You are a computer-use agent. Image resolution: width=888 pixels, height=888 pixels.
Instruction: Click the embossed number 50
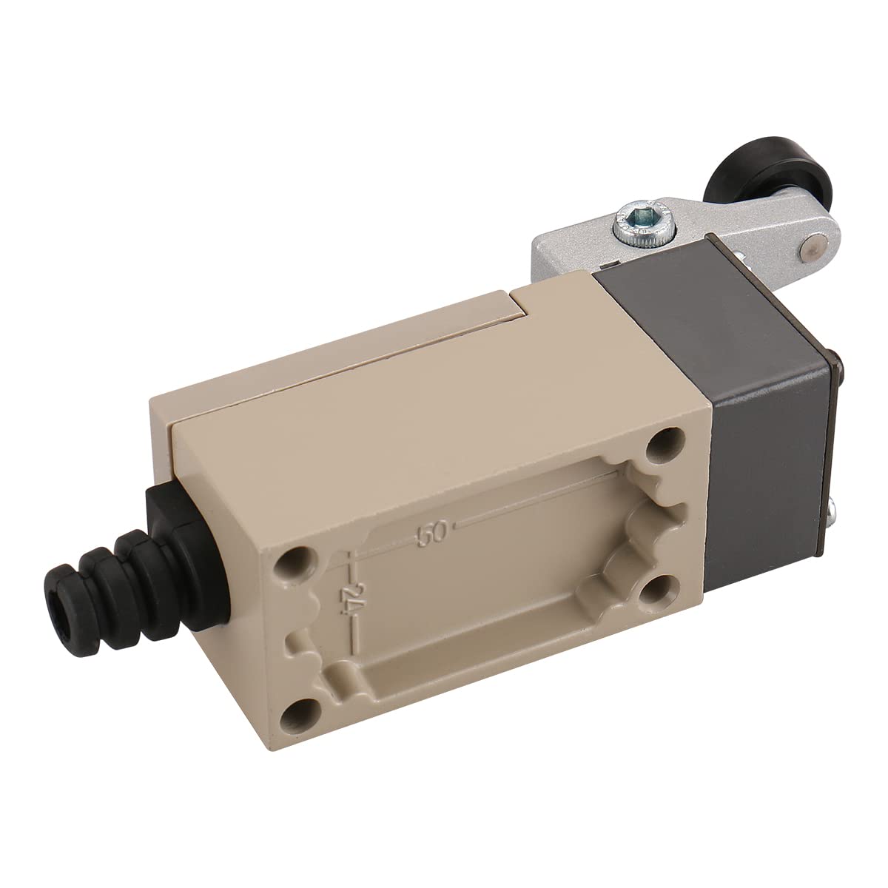(x=431, y=534)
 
